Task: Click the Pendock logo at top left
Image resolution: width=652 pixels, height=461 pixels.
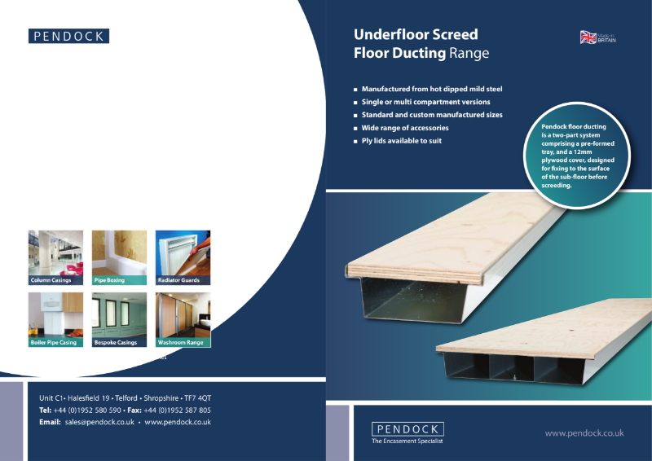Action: [68, 36]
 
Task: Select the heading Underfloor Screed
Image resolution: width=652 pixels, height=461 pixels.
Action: [416, 35]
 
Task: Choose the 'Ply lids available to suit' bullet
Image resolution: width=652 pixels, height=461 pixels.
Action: [402, 141]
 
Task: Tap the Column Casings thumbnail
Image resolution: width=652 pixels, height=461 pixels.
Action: [56, 257]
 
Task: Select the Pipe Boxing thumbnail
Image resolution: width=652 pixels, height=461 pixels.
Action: [120, 257]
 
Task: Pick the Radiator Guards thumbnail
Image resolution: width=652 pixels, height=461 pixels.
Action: [183, 257]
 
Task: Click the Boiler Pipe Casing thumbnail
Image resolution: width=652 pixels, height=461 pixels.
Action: [56, 319]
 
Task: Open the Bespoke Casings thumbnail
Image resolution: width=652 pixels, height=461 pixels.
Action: [120, 319]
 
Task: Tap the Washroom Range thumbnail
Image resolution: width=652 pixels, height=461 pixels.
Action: [183, 319]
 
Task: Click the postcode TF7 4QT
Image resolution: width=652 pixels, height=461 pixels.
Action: [198, 397]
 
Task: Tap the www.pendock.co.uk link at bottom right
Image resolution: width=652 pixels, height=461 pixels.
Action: [584, 433]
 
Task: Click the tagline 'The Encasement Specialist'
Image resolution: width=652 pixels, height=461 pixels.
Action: [407, 441]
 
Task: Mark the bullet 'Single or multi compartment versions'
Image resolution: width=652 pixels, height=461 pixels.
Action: [426, 102]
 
